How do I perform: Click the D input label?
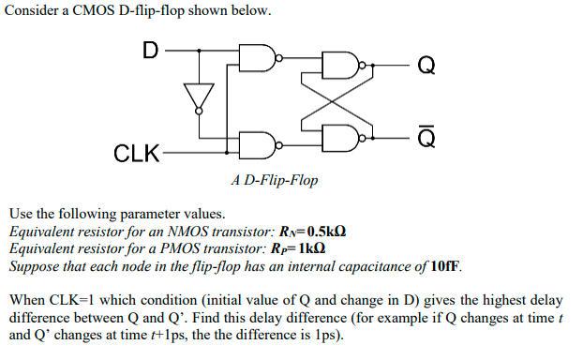[x=149, y=49]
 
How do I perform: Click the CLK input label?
[x=137, y=153]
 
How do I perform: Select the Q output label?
[x=426, y=65]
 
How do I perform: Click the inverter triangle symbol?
[x=196, y=94]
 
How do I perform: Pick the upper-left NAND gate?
[x=256, y=58]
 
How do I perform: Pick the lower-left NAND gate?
[x=256, y=146]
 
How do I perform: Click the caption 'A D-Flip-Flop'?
[x=275, y=179]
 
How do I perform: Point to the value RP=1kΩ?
[x=304, y=248]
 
